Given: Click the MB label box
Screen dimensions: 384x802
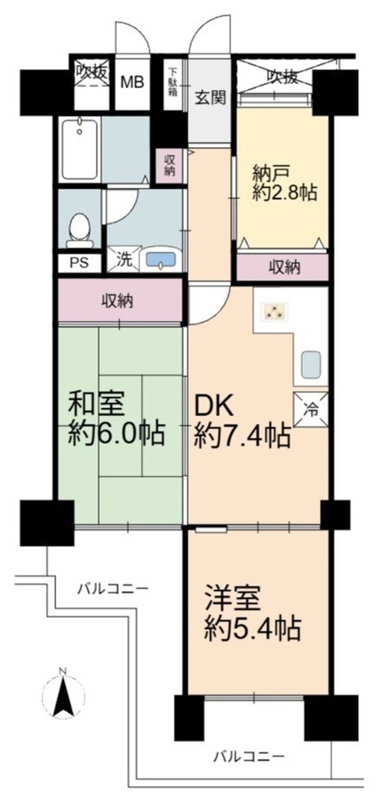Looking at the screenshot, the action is point(133,82).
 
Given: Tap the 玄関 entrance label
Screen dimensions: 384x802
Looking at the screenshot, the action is point(211,97).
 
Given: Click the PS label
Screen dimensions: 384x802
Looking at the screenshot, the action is point(79,263).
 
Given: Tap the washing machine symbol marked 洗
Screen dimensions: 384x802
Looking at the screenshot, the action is point(123,258).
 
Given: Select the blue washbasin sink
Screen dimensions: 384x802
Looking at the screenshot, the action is point(161,258).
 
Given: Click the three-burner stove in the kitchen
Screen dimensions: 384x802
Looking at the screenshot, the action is point(274,312).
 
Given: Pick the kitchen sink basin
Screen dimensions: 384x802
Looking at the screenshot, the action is point(310,364).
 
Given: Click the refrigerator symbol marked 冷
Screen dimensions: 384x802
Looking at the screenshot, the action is point(310,410).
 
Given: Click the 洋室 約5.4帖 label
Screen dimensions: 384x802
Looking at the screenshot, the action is point(251,613).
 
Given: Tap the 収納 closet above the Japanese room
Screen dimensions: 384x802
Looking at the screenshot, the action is point(120,300).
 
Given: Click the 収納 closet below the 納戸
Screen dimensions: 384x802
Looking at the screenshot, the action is point(282,267).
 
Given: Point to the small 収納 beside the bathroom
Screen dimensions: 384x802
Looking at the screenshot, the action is point(169,166).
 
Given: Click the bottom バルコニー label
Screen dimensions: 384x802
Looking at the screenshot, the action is point(249,756).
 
